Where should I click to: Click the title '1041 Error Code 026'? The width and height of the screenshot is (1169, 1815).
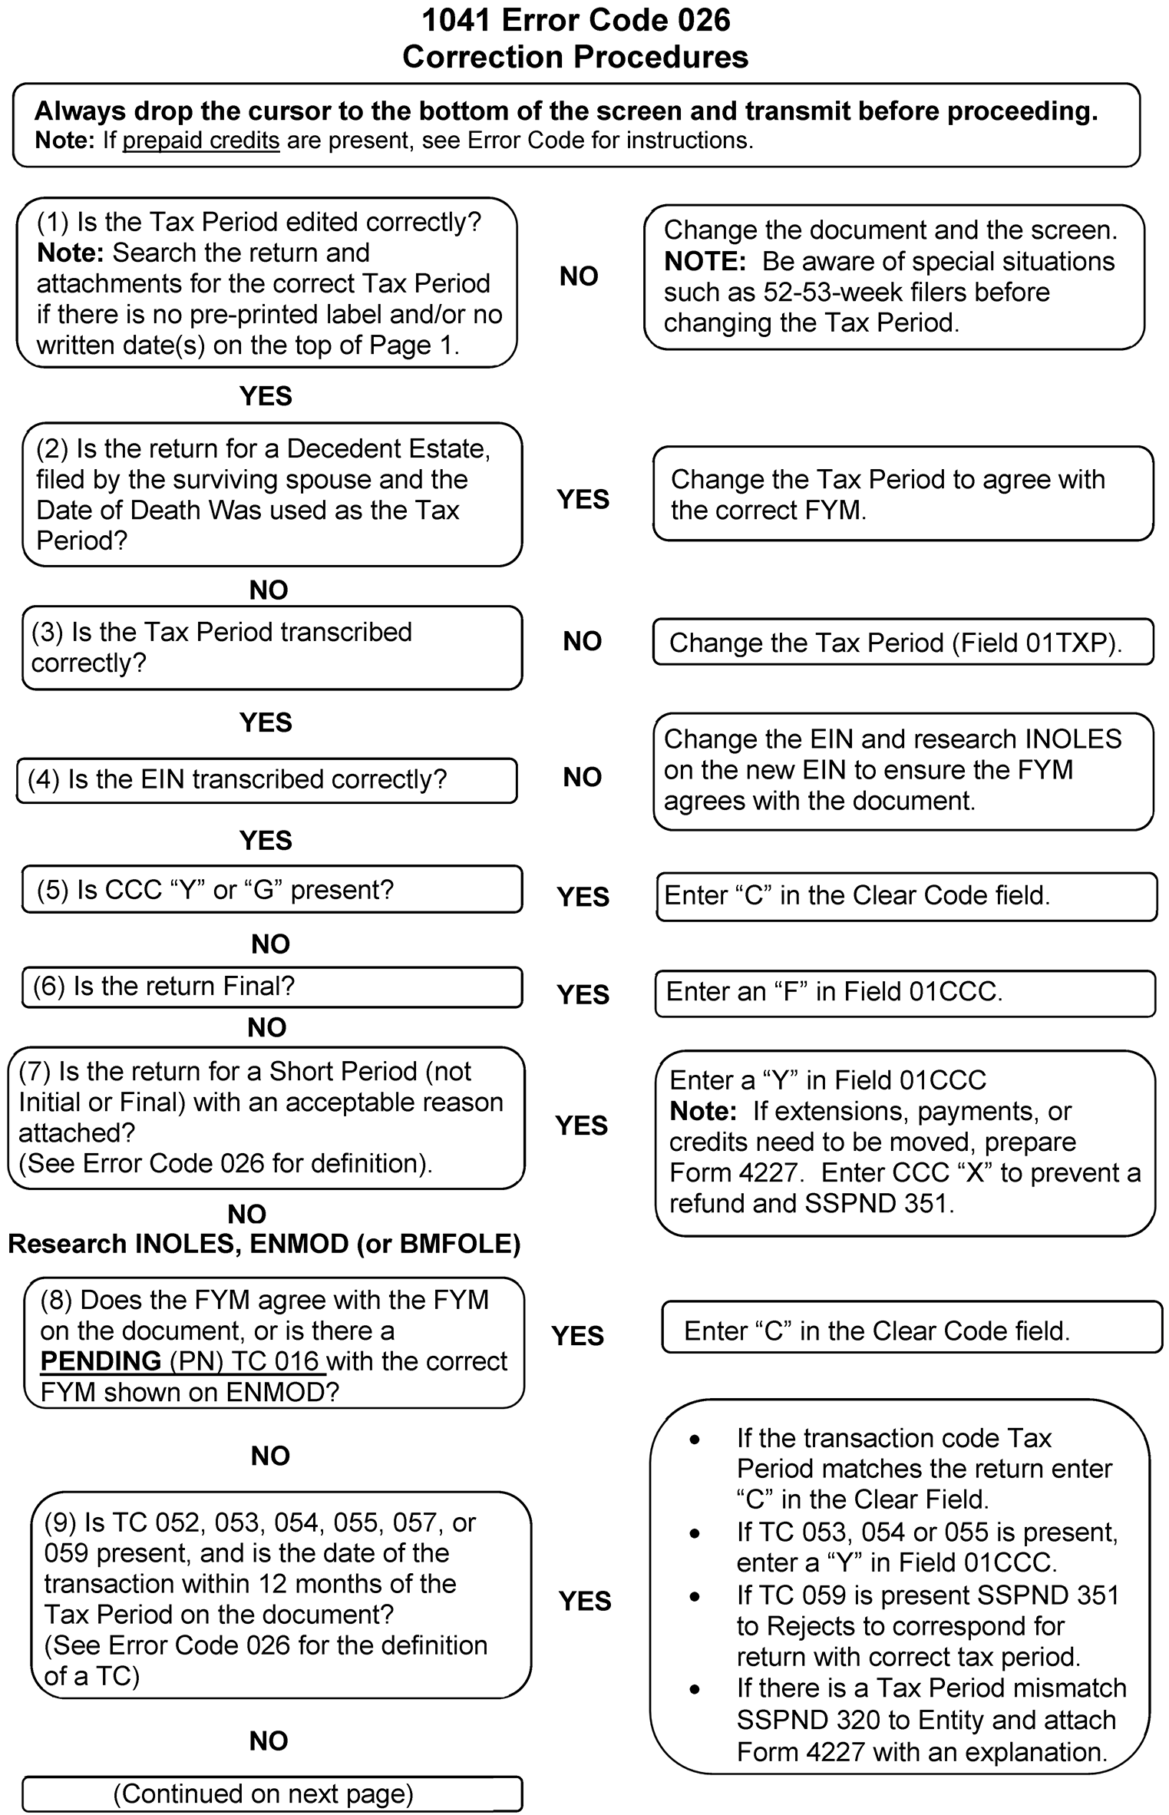pyautogui.click(x=576, y=21)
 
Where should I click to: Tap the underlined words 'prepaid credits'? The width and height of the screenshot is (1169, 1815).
pyautogui.click(x=201, y=141)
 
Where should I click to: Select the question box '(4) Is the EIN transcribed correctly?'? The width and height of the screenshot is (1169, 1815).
pyautogui.click(x=266, y=780)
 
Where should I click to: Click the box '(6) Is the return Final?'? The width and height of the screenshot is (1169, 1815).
pyautogui.click(x=272, y=987)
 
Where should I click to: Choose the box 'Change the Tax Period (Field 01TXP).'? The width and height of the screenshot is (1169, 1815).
pyautogui.click(x=903, y=642)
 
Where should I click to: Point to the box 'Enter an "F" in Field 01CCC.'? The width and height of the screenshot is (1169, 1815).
pyautogui.click(x=905, y=992)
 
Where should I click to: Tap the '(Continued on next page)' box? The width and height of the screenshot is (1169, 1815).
pyautogui.click(x=272, y=1794)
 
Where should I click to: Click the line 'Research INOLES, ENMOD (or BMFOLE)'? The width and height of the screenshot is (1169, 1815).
pyautogui.click(x=264, y=1243)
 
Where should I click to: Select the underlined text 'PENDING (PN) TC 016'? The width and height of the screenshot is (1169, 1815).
pyautogui.click(x=180, y=1361)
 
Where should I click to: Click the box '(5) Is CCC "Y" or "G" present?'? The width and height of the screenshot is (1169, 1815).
pyautogui.click(x=272, y=890)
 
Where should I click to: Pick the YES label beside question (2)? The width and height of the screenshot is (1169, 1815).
pyautogui.click(x=583, y=499)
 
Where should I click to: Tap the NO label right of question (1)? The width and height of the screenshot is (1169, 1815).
pyautogui.click(x=579, y=276)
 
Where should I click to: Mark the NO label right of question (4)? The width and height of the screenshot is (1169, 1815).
pyautogui.click(x=582, y=777)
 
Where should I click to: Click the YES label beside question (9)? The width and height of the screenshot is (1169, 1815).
pyautogui.click(x=585, y=1601)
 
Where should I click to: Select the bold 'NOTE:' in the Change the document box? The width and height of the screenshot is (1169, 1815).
pyautogui.click(x=705, y=262)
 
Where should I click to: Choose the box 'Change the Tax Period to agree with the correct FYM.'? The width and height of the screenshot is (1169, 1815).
pyautogui.click(x=903, y=494)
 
